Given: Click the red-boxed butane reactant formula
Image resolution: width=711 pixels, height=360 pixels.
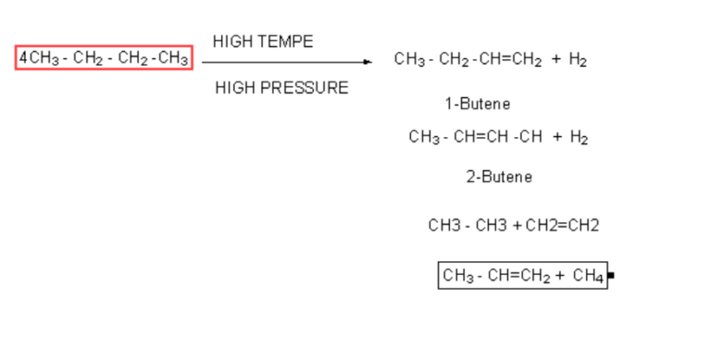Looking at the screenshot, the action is tap(104, 58).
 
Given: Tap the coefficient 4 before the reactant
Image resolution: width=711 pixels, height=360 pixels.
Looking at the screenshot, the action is tap(23, 58).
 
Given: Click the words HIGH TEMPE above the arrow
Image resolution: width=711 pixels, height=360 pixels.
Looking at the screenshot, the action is tap(263, 42).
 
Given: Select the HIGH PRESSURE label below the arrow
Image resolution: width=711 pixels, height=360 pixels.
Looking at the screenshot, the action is tap(281, 88).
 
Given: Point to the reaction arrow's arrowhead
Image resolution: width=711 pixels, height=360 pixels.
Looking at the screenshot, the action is tap(368, 62).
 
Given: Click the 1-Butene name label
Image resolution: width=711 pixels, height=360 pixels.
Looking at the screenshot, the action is tap(477, 104).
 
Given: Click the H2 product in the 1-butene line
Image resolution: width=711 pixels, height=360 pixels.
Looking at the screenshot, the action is tap(578, 60).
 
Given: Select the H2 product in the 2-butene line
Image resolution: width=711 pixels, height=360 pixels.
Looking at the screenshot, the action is tap(580, 138).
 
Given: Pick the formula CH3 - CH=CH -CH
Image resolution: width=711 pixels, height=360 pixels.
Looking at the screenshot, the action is tap(475, 138).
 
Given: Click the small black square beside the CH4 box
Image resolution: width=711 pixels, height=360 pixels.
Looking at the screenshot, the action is tap(611, 276).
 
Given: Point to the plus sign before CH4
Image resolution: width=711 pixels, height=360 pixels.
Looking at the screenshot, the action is tap(560, 276).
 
